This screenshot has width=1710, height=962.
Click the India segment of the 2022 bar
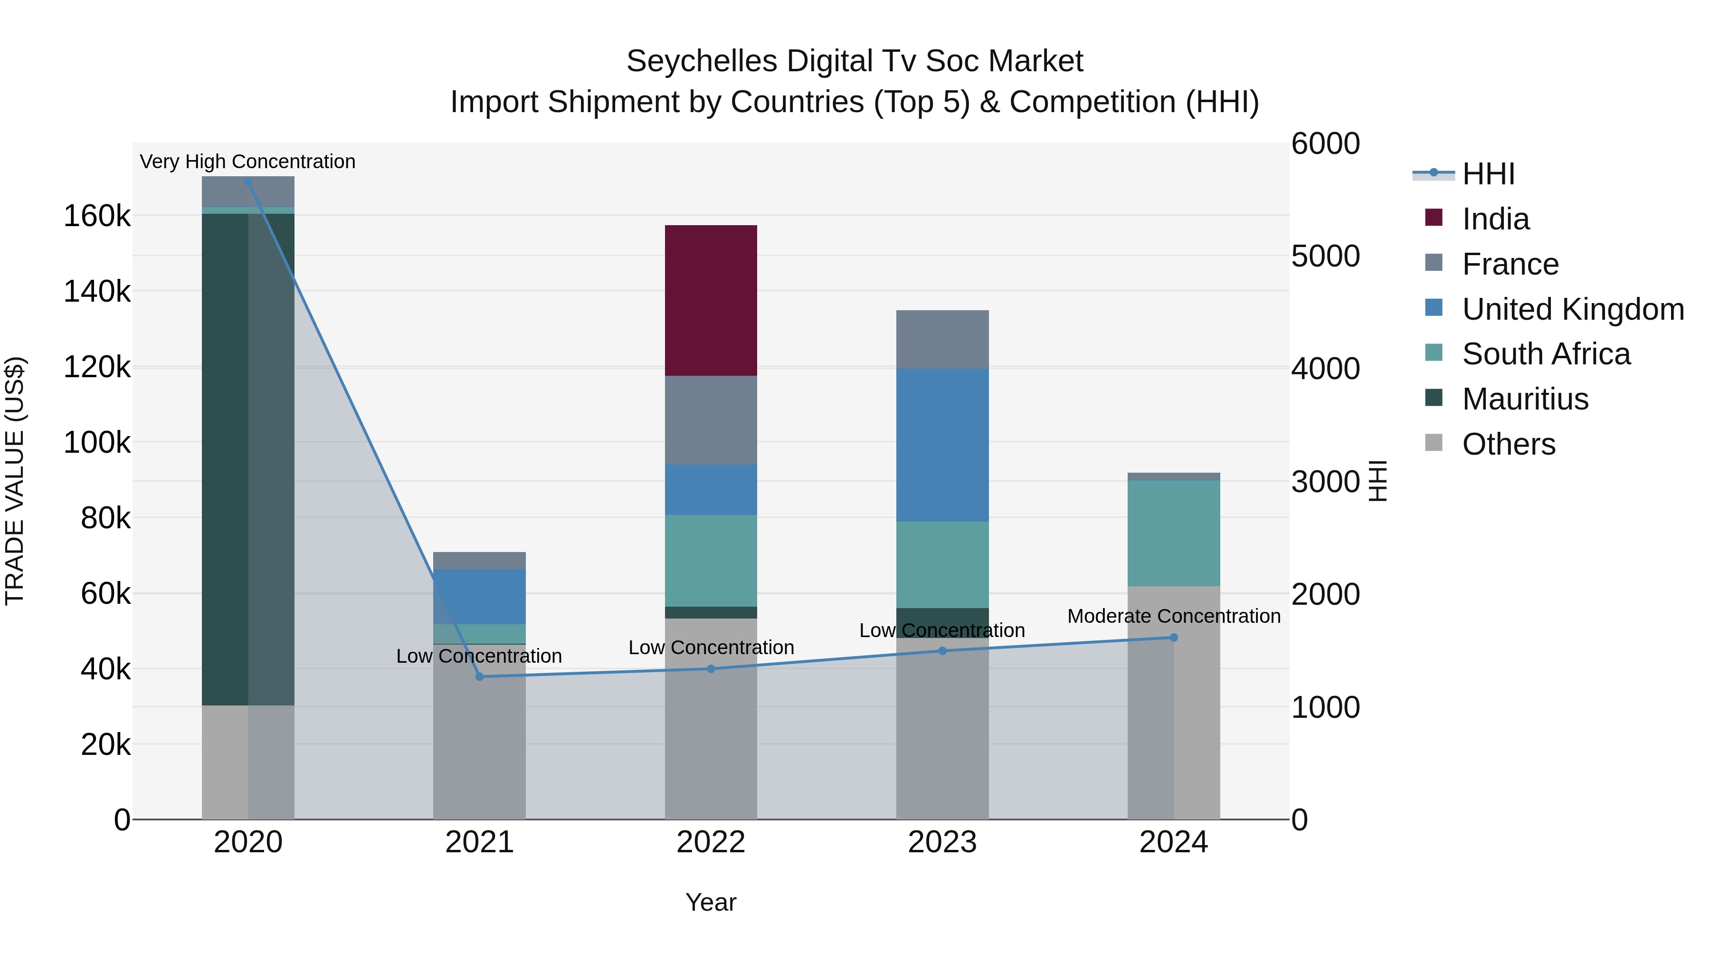[x=711, y=300]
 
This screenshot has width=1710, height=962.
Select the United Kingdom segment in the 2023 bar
[x=942, y=445]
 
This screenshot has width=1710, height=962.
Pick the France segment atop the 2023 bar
[x=942, y=339]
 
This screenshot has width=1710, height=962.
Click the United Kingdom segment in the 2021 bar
[x=479, y=596]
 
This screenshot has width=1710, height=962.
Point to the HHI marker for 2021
[x=480, y=676]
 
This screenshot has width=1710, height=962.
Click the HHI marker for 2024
[x=1174, y=638]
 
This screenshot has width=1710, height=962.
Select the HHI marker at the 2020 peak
[x=248, y=181]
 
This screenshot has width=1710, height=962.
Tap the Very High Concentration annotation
[x=247, y=162]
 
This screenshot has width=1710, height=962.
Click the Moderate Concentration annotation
[x=1174, y=616]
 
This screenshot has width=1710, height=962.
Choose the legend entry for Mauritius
[x=1525, y=399]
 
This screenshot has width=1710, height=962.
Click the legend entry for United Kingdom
[x=1573, y=309]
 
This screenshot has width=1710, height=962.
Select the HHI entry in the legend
[x=1488, y=174]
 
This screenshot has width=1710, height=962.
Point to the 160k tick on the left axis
[x=97, y=216]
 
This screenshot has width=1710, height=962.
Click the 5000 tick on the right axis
[x=1325, y=256]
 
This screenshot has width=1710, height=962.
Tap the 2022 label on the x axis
[x=711, y=842]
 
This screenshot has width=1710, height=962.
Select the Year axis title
[x=711, y=902]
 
